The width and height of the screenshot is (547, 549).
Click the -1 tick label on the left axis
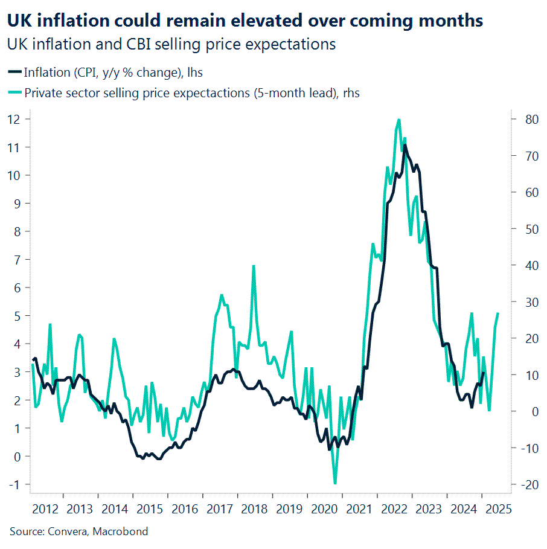click(14, 484)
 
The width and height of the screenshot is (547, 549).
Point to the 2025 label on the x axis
click(499, 509)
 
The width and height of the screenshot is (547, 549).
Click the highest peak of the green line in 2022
click(398, 120)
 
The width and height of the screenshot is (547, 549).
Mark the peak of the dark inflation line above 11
click(405, 145)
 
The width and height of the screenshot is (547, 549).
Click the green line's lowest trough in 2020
click(335, 483)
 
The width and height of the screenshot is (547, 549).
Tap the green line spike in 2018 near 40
click(254, 266)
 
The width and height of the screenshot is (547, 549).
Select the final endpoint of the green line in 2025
click(498, 313)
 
